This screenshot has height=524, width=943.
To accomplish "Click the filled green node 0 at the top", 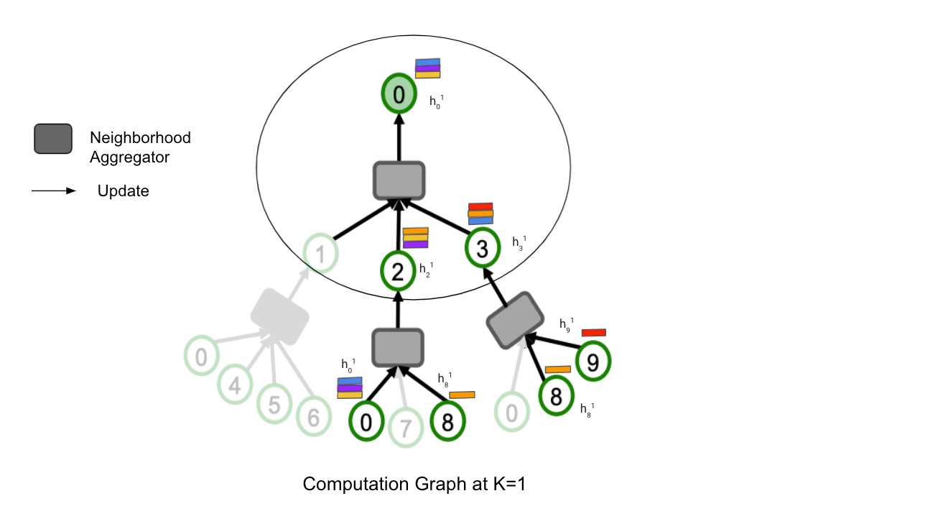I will point(398,94).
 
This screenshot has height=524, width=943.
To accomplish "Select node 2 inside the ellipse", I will point(398,270).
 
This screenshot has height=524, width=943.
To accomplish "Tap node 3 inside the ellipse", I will point(483,249).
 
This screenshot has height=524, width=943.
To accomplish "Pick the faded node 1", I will point(320,254).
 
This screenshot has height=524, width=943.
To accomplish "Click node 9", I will point(593,362).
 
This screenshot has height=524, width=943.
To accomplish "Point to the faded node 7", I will point(407,428).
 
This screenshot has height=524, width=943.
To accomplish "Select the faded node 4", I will point(235,386).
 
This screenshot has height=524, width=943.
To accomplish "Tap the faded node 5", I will point(274,405).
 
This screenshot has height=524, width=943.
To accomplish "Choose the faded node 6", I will point(314,416).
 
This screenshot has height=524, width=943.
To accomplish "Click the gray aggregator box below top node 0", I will point(399,180).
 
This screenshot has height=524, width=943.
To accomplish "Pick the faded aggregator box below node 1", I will point(279,316).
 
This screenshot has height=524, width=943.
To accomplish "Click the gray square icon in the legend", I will point(52,139).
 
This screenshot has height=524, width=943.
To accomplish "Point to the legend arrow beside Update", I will point(53,191).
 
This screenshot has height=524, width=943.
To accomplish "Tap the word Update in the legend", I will point(123,192).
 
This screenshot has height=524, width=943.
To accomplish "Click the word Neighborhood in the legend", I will point(140,137).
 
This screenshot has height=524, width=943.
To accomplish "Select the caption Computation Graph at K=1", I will point(414,484).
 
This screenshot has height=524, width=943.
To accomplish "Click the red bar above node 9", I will point(593,333).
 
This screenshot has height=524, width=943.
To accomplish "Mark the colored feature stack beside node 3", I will point(480,213).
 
